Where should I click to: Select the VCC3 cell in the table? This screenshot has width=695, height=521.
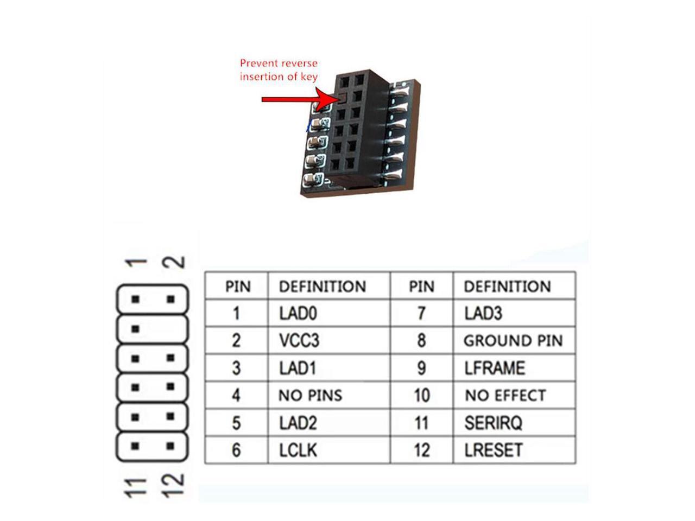299,340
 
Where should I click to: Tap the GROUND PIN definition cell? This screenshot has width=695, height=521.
513,341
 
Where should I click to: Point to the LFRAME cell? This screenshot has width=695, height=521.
495,368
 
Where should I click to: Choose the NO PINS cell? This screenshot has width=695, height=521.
310,395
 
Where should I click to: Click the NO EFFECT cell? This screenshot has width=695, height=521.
505,395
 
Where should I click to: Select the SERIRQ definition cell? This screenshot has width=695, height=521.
493,423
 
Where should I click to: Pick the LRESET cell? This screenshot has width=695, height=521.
493,450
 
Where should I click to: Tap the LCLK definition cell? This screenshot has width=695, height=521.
298,450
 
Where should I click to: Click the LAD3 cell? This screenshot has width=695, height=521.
483,313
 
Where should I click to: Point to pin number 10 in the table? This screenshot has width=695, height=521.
421,395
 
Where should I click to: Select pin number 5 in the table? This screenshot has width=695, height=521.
236,423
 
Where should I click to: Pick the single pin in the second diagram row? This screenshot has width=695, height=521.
136,329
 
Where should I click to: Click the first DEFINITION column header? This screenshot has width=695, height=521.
322,286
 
